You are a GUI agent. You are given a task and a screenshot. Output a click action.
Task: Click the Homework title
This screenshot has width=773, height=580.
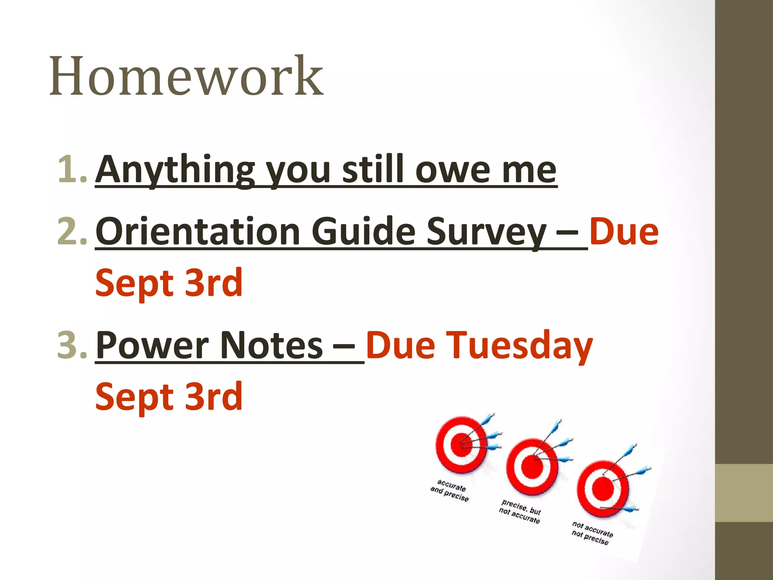click(x=186, y=77)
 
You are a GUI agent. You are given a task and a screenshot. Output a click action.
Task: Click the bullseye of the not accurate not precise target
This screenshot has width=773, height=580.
click(x=603, y=489)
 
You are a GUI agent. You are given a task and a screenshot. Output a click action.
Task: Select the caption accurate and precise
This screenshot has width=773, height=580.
click(x=450, y=490)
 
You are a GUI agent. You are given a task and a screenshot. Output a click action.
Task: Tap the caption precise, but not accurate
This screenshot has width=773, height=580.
click(x=520, y=512)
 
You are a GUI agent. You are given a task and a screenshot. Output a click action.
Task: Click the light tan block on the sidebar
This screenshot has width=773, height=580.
click(x=744, y=493)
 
